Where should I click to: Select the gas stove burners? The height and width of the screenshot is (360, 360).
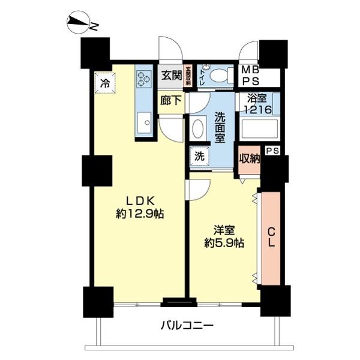tap(144, 78)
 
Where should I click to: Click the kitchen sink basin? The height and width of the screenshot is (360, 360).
tap(144, 125)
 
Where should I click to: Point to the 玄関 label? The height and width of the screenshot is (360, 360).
tap(171, 76)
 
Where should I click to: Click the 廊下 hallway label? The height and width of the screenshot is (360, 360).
tap(171, 101)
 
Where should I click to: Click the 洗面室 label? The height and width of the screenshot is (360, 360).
tap(220, 127)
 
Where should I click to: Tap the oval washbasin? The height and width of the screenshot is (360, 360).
tap(199, 129)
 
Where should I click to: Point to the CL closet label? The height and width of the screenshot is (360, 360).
tap(271, 237)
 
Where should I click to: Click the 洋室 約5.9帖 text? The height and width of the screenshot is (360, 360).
tap(223, 236)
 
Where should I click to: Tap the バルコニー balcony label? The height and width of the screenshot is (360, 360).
tap(187, 326)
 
